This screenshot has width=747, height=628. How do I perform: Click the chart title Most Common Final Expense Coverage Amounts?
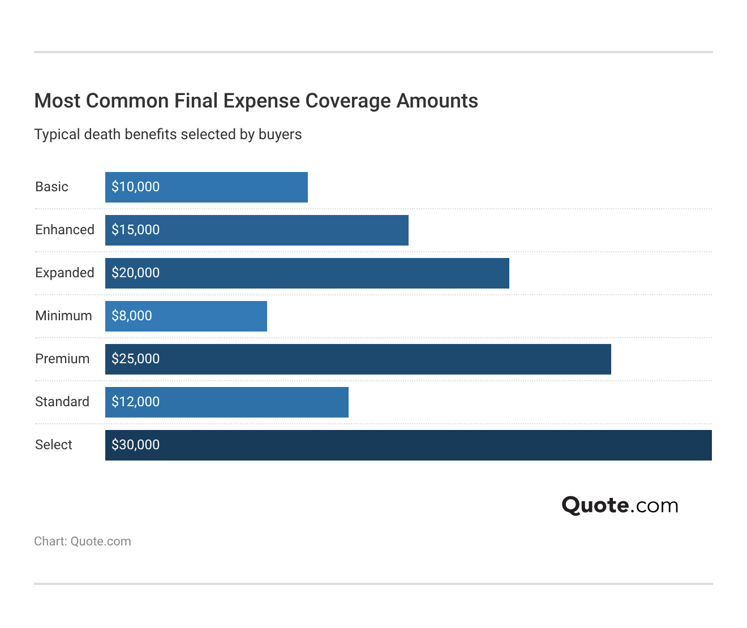tap(256, 101)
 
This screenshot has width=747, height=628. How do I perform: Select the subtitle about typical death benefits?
tap(168, 135)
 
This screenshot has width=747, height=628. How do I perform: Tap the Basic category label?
tap(51, 187)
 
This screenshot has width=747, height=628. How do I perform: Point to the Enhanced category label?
tap(65, 230)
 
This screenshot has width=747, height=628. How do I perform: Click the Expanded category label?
tap(65, 273)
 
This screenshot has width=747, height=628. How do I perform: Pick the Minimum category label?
tap(63, 316)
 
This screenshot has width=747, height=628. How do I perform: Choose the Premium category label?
tap(62, 359)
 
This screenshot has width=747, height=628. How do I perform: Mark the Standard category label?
tap(62, 402)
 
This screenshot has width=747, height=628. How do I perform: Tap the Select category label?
tap(54, 445)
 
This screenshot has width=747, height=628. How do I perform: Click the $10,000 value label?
tap(136, 187)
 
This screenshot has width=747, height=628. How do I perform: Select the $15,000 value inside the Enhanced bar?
tap(136, 230)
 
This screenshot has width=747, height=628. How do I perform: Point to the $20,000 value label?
tap(136, 273)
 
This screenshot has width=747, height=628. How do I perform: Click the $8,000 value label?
tap(132, 316)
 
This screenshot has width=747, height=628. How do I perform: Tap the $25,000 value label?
tap(136, 359)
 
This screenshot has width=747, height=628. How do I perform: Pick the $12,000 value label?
tap(136, 402)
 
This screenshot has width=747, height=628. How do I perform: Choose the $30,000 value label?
tap(136, 445)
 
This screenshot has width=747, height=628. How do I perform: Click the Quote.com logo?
tap(620, 505)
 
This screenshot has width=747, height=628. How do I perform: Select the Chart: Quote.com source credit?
tap(83, 541)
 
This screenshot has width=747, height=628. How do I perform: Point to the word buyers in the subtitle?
tap(280, 135)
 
